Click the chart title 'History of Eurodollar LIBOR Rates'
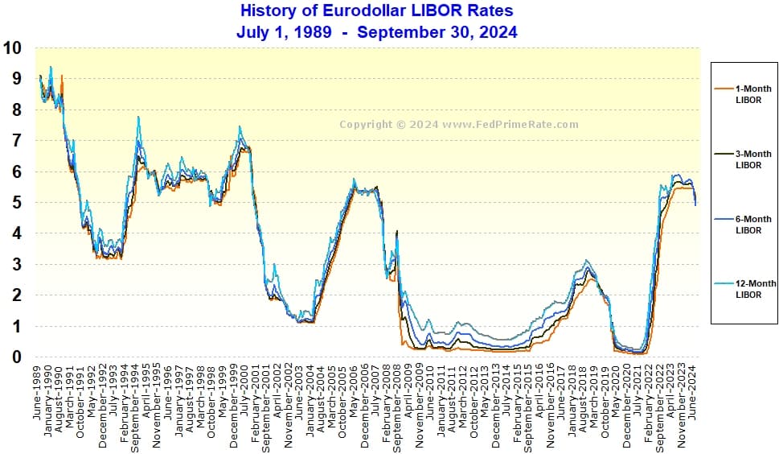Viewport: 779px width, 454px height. point(376,11)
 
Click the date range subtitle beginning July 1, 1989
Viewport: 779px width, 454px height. point(376,32)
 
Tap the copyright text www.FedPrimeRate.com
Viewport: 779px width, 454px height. point(458,125)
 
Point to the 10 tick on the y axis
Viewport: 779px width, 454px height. point(12,47)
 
